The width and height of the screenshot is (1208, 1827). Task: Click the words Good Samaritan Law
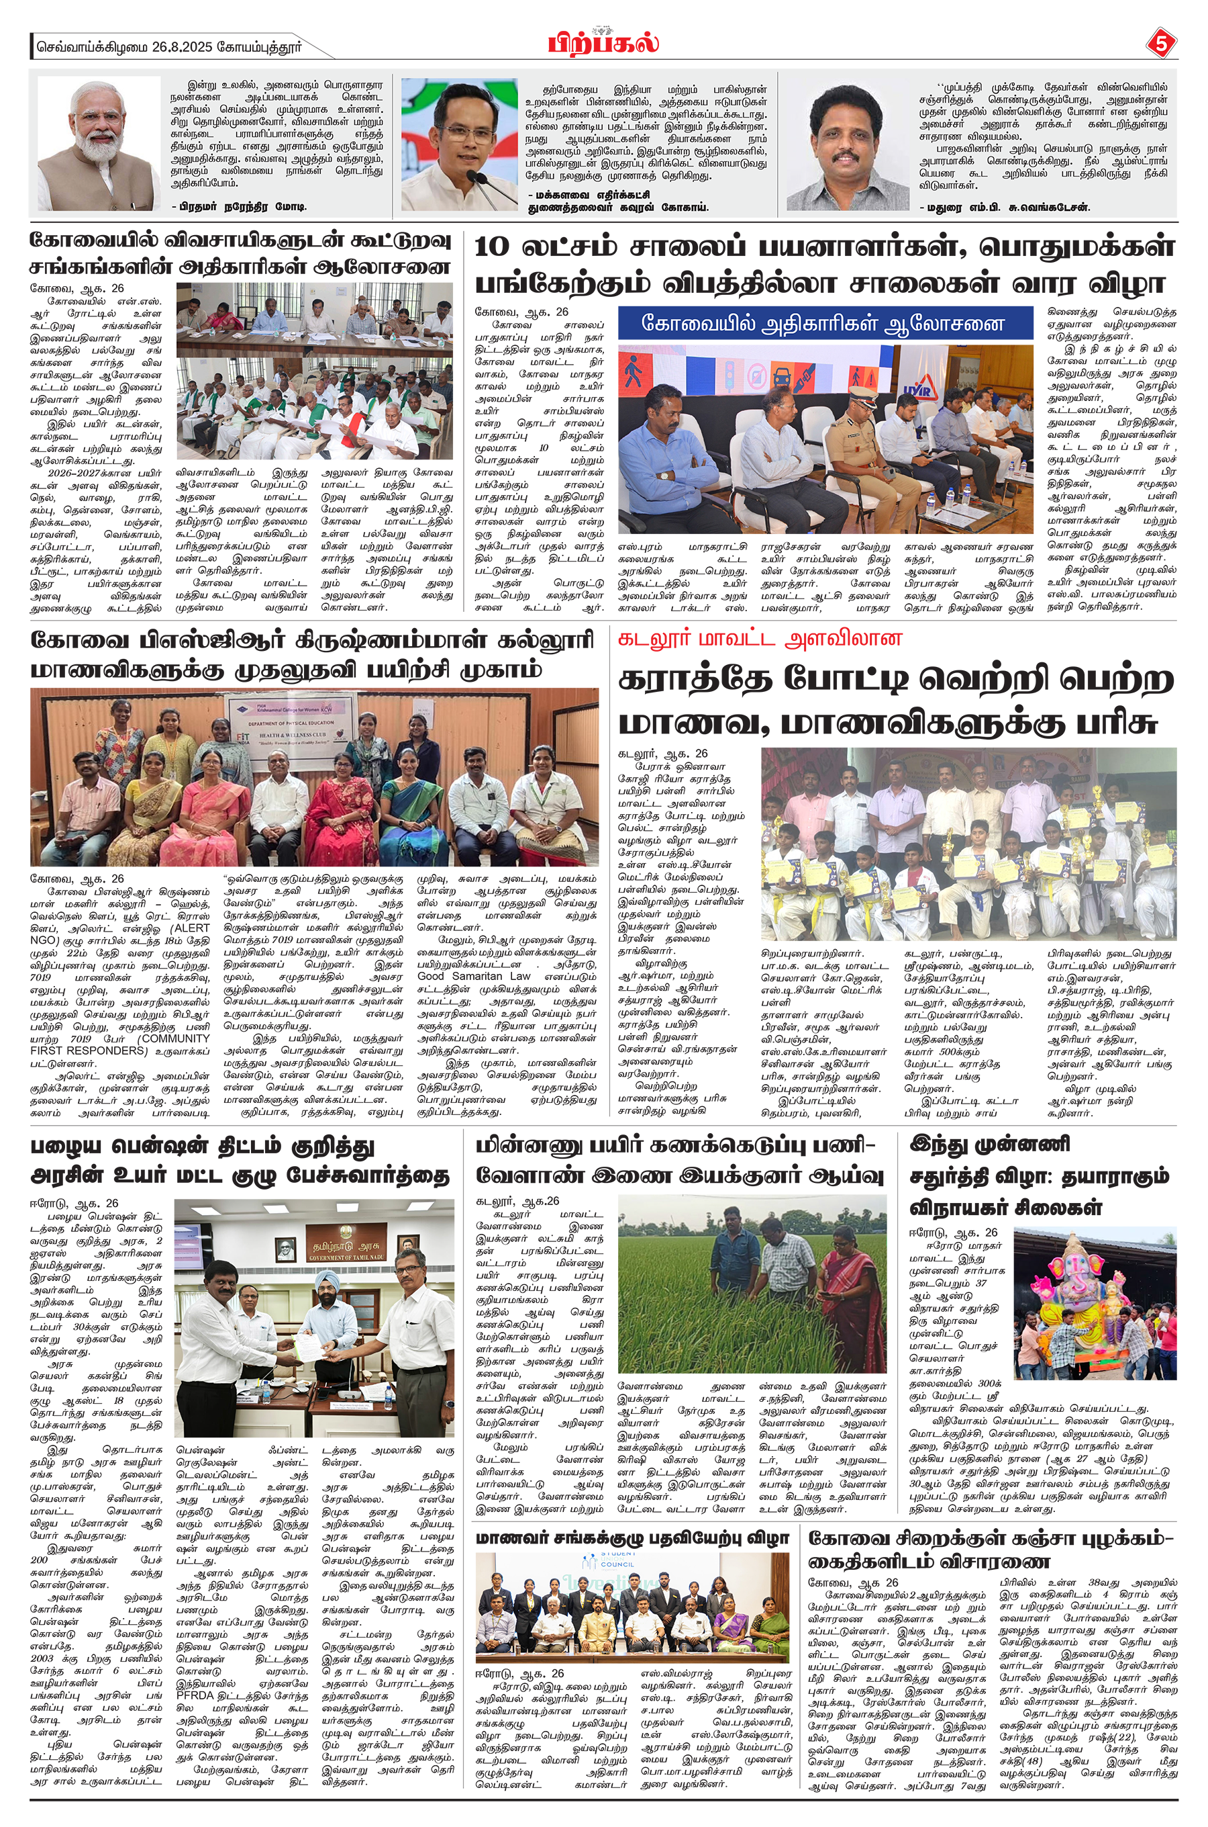[x=474, y=976]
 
